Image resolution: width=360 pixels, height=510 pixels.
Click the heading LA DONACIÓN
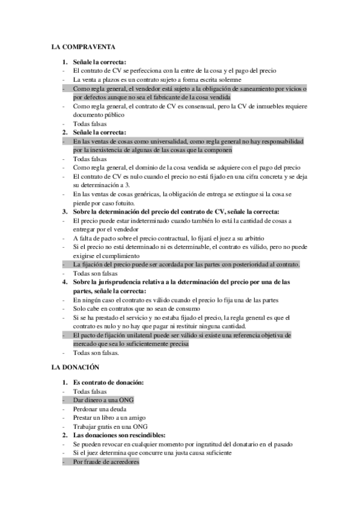pyautogui.click(x=75, y=366)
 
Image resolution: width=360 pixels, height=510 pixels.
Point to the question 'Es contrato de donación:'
pyautogui.click(x=108, y=382)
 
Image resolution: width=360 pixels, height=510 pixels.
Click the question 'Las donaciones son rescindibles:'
pyautogui.click(x=118, y=435)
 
